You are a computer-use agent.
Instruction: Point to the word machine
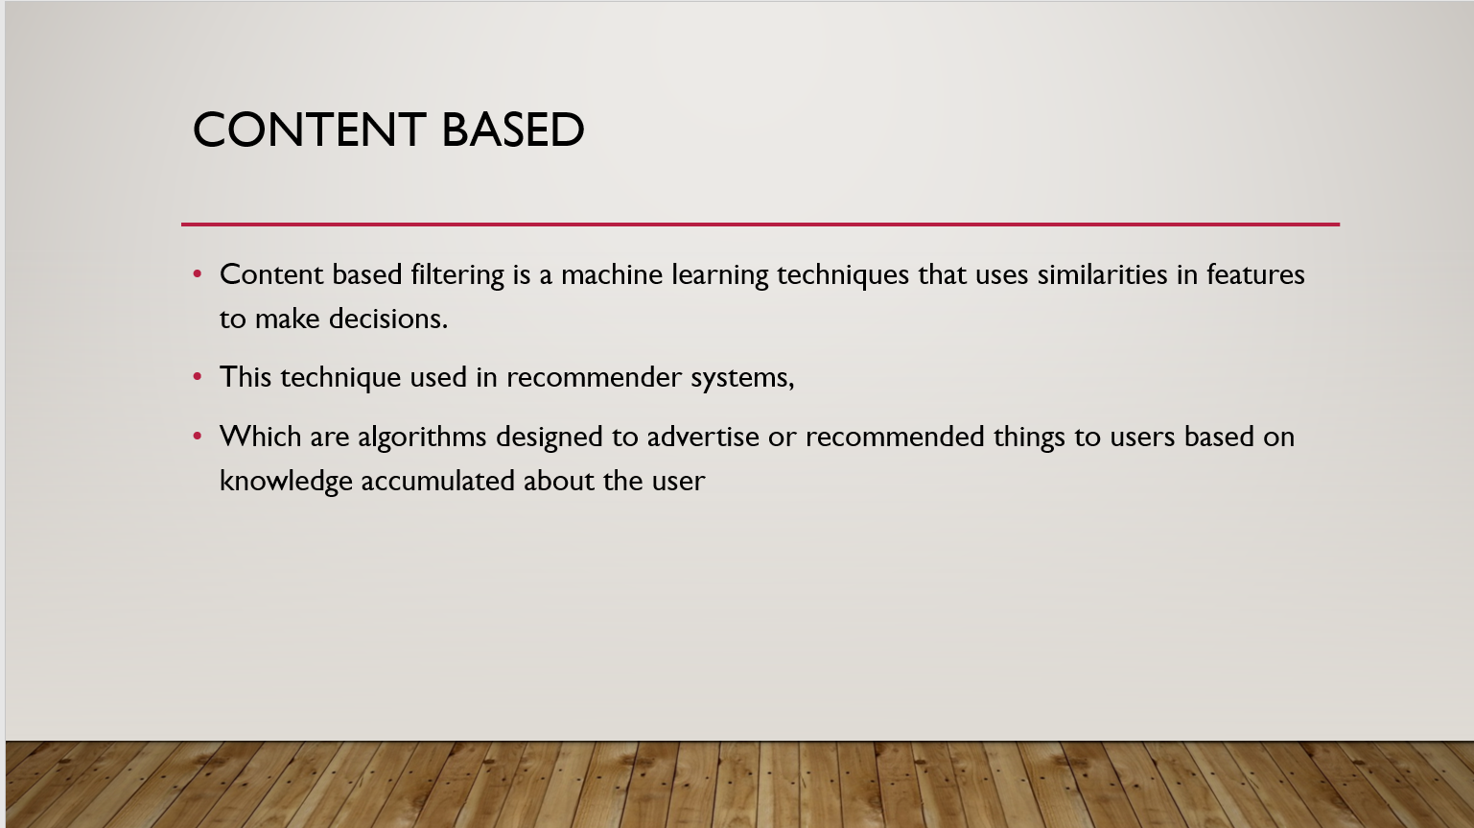(611, 275)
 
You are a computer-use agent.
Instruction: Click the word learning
(719, 275)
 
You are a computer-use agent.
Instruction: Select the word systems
(742, 378)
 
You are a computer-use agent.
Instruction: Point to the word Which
(260, 437)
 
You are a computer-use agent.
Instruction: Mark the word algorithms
(422, 437)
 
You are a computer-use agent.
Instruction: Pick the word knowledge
(286, 481)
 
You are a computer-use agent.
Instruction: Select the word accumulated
(436, 481)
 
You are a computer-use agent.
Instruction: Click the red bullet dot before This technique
(198, 377)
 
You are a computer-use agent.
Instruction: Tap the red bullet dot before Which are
(198, 437)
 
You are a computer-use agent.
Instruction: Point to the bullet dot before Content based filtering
(198, 274)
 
